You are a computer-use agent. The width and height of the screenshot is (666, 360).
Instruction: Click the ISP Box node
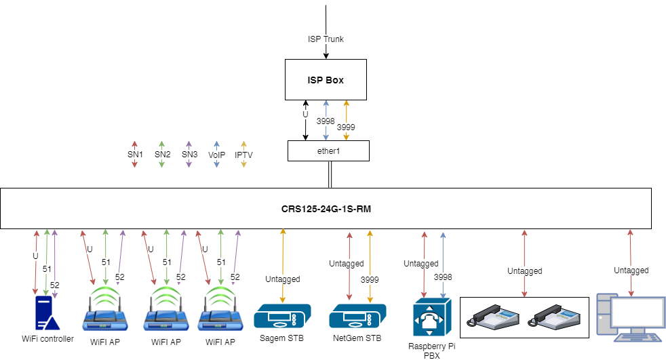coord(326,80)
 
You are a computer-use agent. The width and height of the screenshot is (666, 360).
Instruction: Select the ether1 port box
coord(328,151)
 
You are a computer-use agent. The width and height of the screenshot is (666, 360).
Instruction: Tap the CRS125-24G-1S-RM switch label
coord(326,209)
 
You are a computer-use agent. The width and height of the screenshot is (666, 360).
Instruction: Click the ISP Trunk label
coord(326,39)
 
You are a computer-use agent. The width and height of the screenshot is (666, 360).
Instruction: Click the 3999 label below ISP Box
coord(346,127)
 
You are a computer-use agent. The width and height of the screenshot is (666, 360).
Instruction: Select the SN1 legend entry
coord(135,155)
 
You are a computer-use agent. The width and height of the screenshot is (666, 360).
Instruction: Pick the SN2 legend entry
coord(162,155)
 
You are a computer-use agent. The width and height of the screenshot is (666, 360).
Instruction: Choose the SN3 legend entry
coord(189,155)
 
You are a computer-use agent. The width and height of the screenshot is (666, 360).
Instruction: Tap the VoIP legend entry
coord(216,155)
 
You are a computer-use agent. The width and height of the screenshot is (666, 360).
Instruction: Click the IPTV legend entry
coord(243,155)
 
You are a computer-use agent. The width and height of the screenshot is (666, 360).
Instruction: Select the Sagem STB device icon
coord(283,317)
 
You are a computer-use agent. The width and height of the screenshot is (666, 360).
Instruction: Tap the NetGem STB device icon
coord(357,317)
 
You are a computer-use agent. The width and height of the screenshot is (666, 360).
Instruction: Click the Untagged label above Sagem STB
coord(283,279)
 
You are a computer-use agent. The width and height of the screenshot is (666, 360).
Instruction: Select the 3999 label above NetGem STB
coord(370,279)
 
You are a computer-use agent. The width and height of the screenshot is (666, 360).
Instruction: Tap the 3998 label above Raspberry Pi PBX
coord(443,277)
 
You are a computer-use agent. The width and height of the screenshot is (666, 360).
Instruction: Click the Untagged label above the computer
coord(631,271)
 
